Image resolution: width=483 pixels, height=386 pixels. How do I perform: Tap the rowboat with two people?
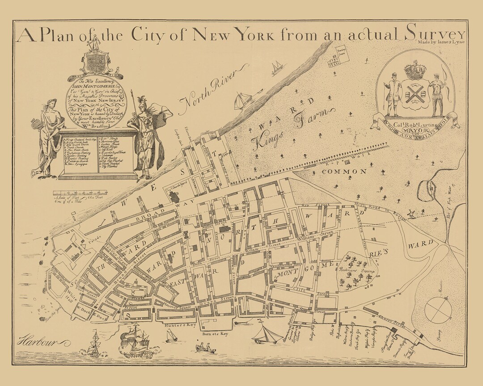pos(203,347)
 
